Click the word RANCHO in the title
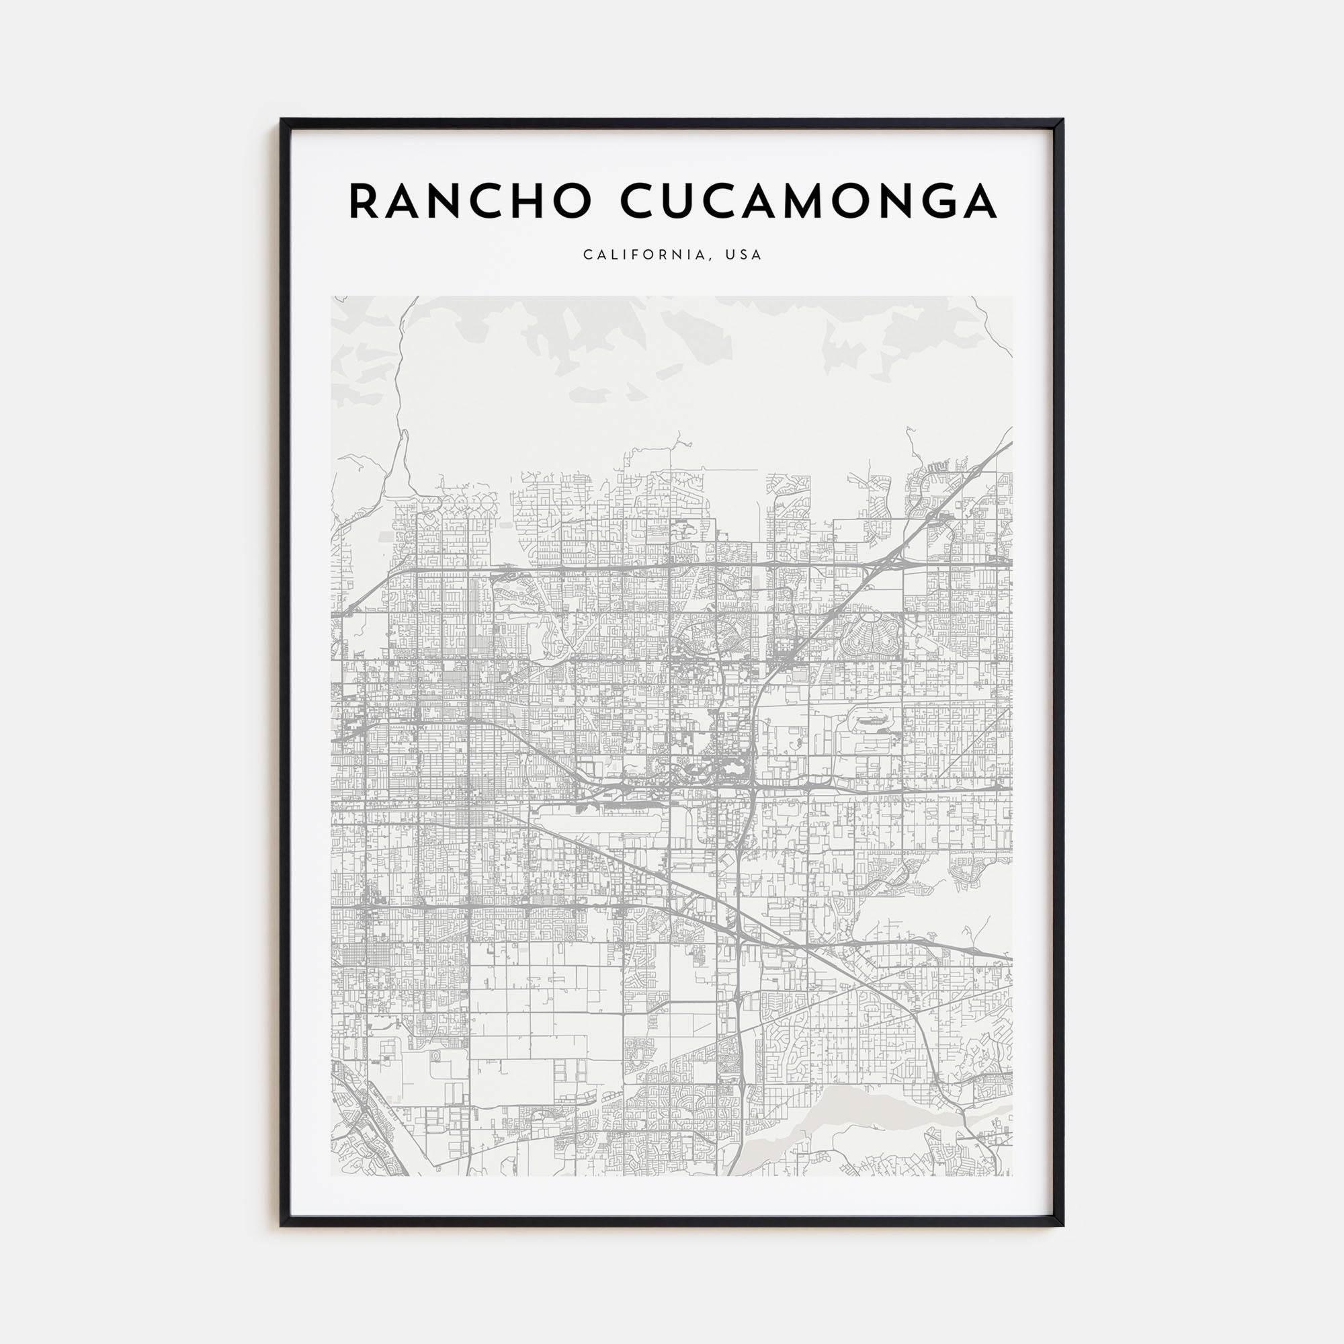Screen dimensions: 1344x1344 (x=470, y=201)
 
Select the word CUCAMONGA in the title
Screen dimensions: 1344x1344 (x=808, y=201)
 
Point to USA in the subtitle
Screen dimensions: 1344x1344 (x=744, y=255)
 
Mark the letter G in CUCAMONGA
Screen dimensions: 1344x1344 (x=934, y=201)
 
